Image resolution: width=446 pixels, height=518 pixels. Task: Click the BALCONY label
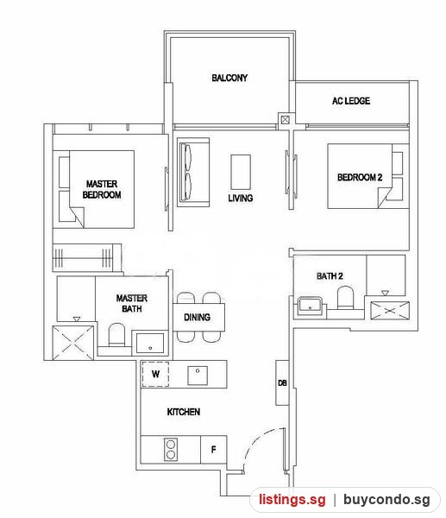point(229,78)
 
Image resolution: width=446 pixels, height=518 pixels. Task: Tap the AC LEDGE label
point(351,101)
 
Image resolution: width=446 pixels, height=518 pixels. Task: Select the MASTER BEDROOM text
point(102,189)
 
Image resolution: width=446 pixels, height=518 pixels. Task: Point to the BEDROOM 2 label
point(360,177)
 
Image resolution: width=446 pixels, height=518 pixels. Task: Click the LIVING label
point(241,199)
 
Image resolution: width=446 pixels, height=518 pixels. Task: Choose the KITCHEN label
point(184,412)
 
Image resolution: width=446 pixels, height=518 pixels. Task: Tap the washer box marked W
point(155,374)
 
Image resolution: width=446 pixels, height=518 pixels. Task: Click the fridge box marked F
point(214,449)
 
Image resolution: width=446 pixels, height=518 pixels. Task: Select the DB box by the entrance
point(282,382)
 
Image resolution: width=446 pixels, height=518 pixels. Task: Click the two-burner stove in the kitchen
point(171,449)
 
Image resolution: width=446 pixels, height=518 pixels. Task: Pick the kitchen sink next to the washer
point(198,376)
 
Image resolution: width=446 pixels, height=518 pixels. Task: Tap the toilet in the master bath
point(116,334)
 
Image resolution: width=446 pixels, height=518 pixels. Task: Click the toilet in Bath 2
point(345,298)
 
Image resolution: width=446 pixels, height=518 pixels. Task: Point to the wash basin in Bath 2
point(310,306)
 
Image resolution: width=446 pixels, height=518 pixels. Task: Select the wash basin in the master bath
point(150,344)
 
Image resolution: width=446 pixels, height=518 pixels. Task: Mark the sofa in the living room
point(193,173)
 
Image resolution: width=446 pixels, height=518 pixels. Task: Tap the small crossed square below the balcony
point(285,120)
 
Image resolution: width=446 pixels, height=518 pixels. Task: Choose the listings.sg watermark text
point(292,499)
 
